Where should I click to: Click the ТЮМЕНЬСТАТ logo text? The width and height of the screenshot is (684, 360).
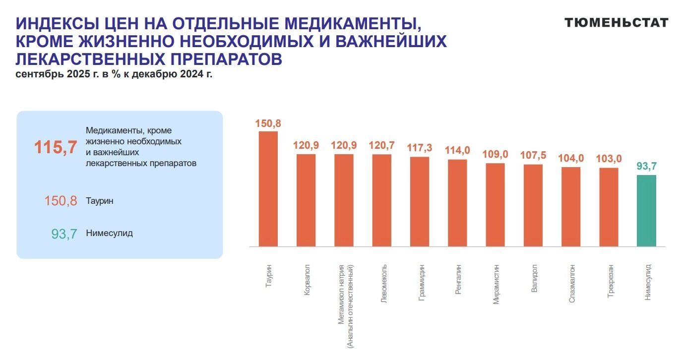pyautogui.click(x=617, y=22)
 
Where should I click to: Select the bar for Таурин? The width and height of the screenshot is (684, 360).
pyautogui.click(x=268, y=188)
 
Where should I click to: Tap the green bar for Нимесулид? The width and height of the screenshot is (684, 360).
pyautogui.click(x=646, y=210)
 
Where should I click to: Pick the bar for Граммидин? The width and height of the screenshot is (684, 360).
pyautogui.click(x=420, y=201)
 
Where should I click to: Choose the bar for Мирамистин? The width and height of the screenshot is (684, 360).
pyautogui.click(x=495, y=204)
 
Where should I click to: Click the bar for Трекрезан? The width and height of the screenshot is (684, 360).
pyautogui.click(x=609, y=207)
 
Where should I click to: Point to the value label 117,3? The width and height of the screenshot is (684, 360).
pyautogui.click(x=420, y=148)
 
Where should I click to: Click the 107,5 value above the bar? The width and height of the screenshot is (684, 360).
pyautogui.click(x=533, y=156)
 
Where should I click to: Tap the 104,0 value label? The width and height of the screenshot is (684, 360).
pyautogui.click(x=571, y=159)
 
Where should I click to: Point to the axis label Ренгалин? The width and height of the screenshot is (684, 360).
pyautogui.click(x=458, y=281)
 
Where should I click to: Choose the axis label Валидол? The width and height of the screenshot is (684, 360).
pyautogui.click(x=534, y=278)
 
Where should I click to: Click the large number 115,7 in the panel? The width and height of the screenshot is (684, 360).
pyautogui.click(x=56, y=147)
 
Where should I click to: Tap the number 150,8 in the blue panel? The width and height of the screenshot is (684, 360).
pyautogui.click(x=61, y=201)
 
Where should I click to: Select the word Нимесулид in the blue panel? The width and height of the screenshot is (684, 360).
pyautogui.click(x=109, y=233)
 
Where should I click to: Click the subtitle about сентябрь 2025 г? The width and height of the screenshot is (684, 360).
pyautogui.click(x=114, y=75)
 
